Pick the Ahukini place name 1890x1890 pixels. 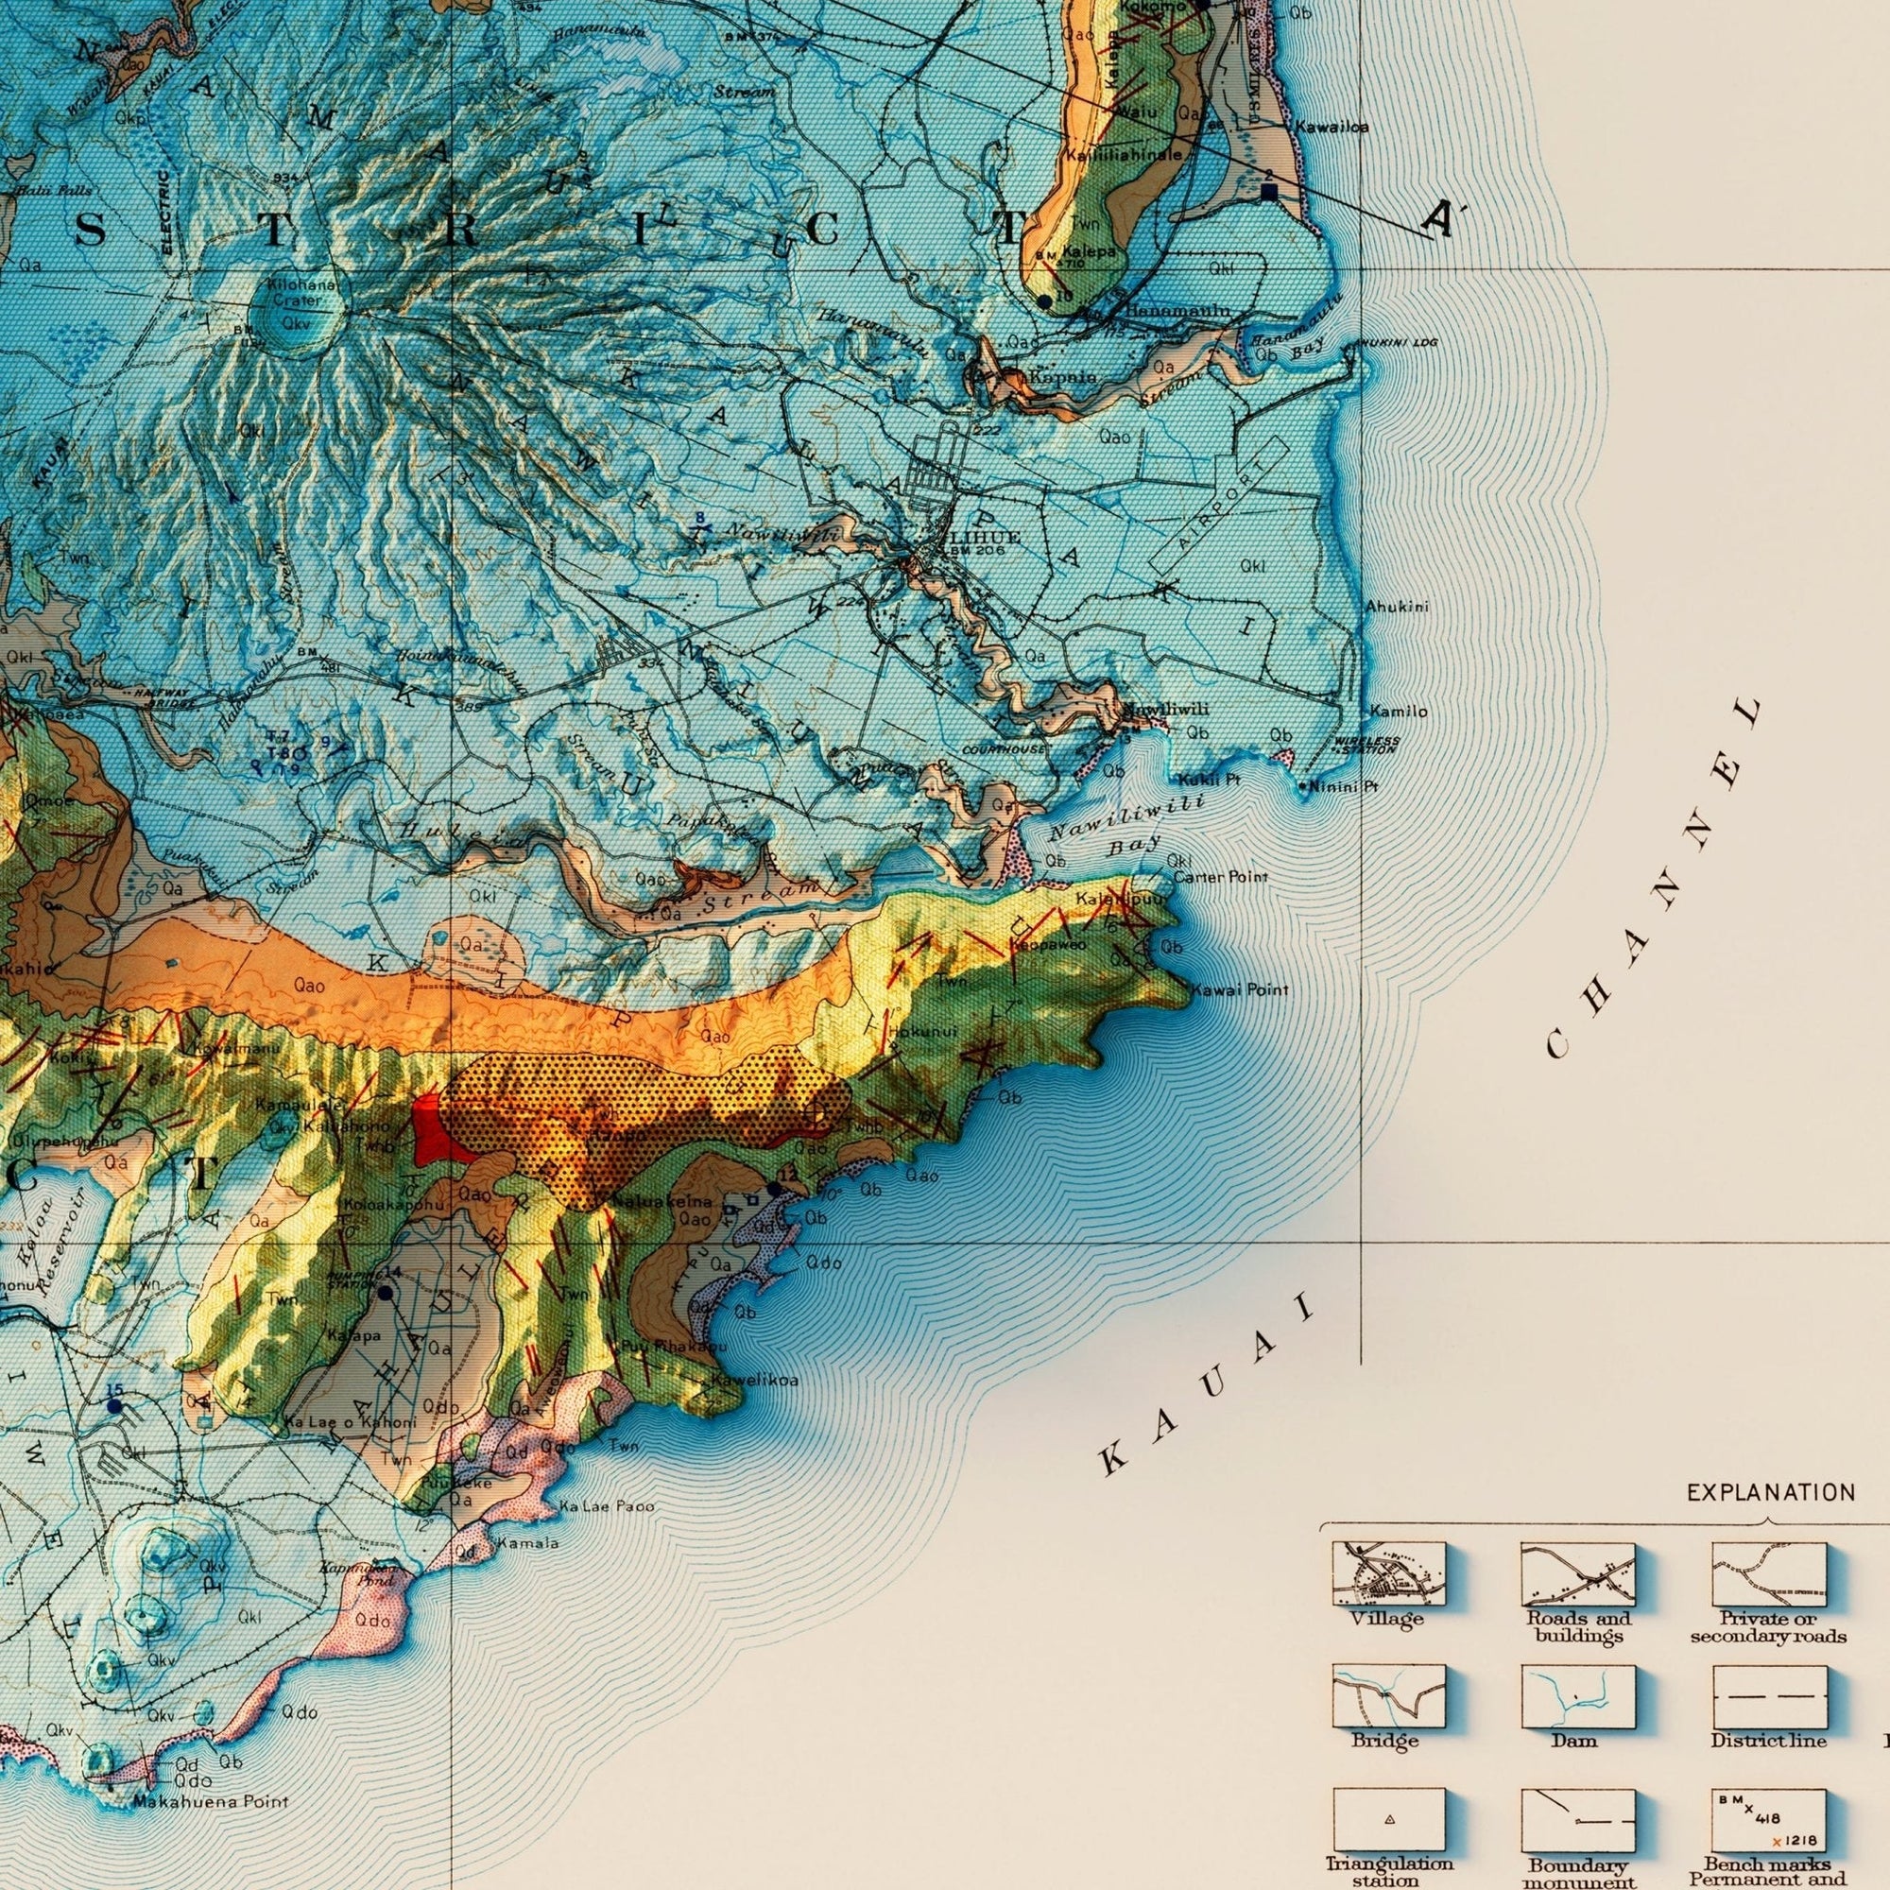pos(1397,607)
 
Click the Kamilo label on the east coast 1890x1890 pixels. pos(1398,712)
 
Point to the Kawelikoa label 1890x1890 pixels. pos(754,1381)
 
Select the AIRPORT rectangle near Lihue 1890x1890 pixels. pos(1219,505)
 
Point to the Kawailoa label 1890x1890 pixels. pos(1332,127)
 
